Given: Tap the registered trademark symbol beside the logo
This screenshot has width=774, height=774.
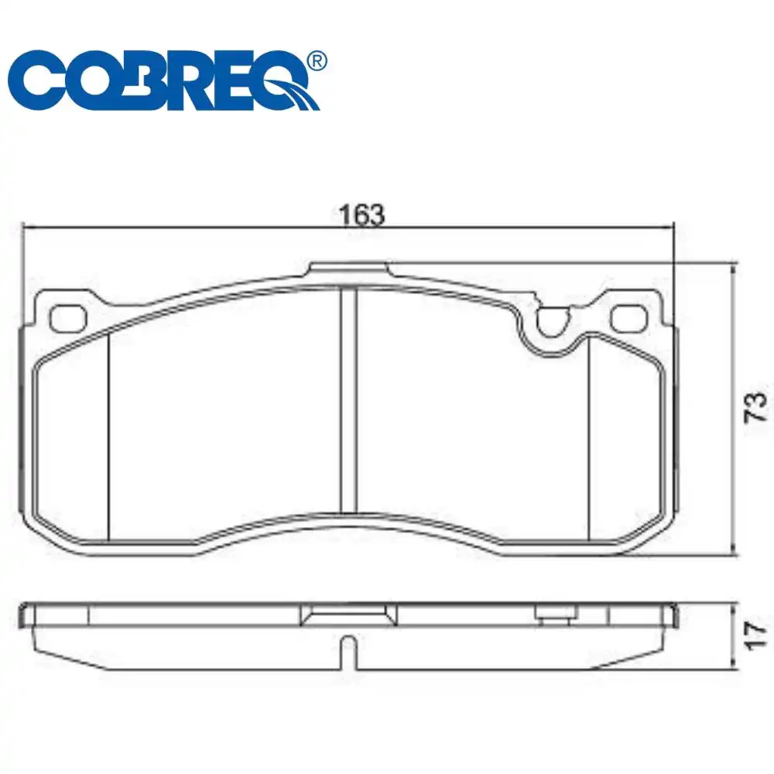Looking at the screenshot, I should (x=317, y=60).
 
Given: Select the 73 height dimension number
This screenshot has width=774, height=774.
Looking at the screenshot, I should (x=755, y=407).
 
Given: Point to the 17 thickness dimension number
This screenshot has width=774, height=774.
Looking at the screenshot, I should (x=755, y=634).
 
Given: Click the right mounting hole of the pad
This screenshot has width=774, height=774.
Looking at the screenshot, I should (x=628, y=317).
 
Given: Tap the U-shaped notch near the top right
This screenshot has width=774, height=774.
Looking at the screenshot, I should (x=553, y=321).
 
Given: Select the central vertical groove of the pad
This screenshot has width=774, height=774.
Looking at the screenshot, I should (x=349, y=399).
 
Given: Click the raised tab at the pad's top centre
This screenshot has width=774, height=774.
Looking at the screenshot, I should (x=348, y=268).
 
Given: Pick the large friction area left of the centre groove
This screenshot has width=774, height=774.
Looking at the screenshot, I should (x=224, y=410).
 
